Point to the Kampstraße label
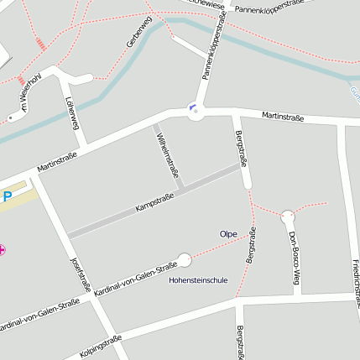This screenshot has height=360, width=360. click(154, 201)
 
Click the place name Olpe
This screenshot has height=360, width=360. click(227, 233)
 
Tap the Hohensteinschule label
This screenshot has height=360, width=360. click(199, 279)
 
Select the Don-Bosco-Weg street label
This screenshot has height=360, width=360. click(295, 258)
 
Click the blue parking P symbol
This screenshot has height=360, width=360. click(7, 197)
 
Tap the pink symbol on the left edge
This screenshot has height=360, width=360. click(3, 249)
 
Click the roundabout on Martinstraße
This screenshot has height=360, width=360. click(196, 112)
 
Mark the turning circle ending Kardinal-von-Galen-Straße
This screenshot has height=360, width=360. click(185, 260)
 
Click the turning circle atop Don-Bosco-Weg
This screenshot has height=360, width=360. click(288, 216)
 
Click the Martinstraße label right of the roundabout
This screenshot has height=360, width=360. click(282, 116)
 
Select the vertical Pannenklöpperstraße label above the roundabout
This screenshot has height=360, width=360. click(214, 51)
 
